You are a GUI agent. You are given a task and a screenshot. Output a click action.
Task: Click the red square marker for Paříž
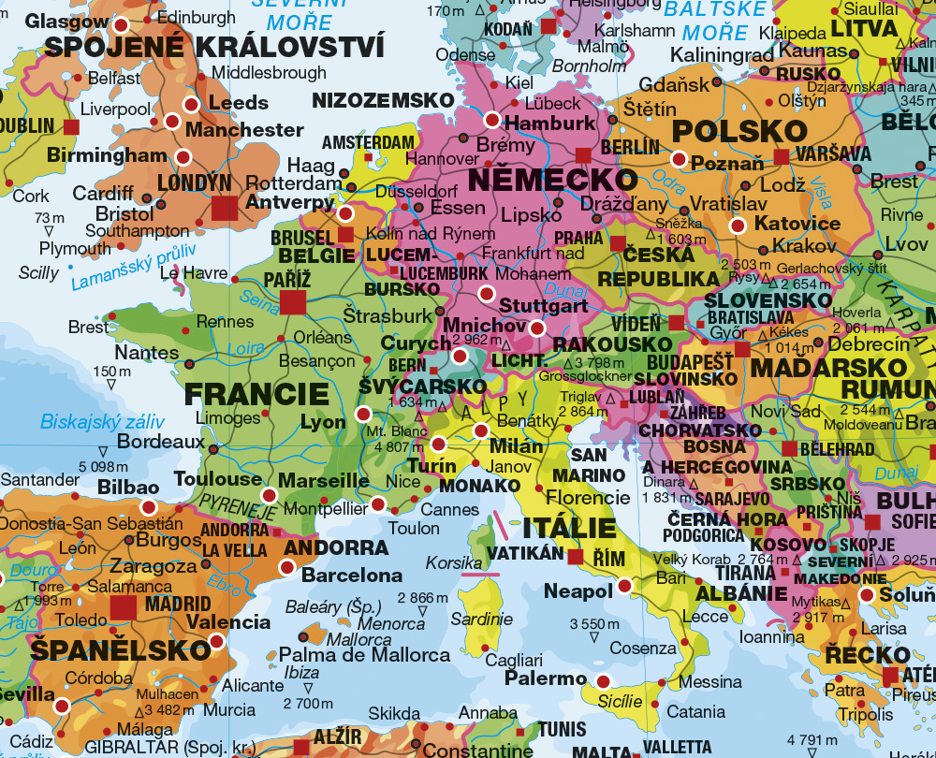click(x=293, y=301)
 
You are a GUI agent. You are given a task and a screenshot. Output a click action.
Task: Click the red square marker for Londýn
click(x=225, y=208)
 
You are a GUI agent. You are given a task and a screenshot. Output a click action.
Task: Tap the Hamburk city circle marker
click(x=492, y=119)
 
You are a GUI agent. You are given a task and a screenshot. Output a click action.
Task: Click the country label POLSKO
click(x=726, y=130)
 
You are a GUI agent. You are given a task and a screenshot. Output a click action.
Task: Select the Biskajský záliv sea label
click(x=102, y=422)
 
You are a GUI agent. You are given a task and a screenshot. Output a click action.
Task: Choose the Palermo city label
click(x=546, y=678)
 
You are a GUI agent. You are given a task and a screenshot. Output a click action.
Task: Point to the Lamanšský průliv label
click(x=134, y=267)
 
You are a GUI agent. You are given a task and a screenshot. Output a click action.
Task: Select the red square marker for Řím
click(x=575, y=558)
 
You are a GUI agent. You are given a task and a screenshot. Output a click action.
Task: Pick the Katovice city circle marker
click(x=738, y=225)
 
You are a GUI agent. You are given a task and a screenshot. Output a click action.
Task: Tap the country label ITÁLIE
click(x=569, y=527)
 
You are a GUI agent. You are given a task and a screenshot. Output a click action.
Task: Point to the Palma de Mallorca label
click(x=365, y=655)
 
